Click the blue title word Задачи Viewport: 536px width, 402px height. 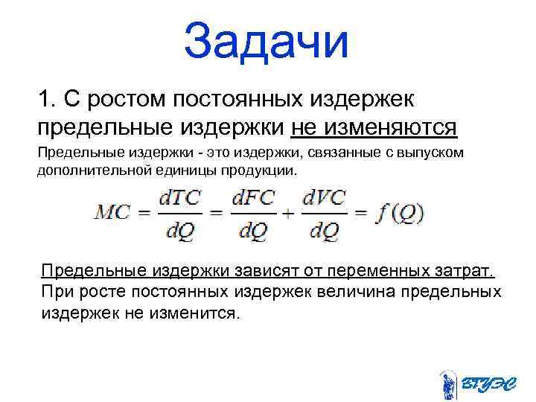[267, 41]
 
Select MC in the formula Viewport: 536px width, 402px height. [113, 213]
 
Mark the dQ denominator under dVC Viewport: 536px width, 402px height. [325, 232]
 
